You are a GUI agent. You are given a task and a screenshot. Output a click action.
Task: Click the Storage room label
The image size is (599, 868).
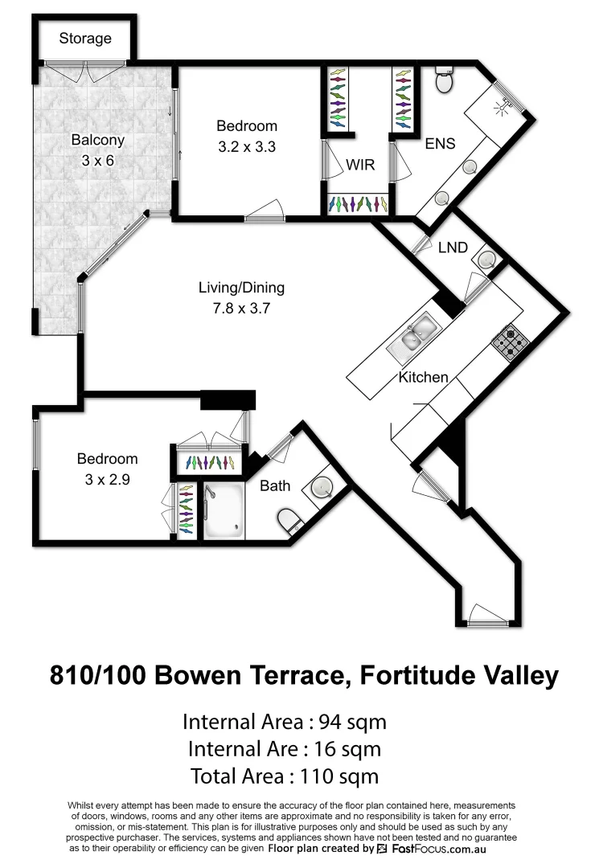[85, 39]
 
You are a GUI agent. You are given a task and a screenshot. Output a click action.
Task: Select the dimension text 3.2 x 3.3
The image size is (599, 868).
[246, 147]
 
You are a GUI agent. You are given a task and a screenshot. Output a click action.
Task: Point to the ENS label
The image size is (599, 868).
[440, 144]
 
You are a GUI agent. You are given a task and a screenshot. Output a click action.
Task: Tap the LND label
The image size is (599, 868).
[453, 248]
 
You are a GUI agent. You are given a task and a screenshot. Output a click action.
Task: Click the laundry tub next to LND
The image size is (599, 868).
[486, 259]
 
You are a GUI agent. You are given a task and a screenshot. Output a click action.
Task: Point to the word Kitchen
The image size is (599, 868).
[423, 377]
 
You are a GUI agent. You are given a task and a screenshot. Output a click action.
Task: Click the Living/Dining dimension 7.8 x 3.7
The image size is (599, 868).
[241, 307]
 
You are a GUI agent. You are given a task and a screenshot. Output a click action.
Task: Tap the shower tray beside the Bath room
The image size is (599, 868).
[224, 511]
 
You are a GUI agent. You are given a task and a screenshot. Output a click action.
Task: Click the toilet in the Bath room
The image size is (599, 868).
[289, 522]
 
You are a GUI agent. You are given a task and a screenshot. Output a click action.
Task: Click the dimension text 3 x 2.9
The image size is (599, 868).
[107, 480]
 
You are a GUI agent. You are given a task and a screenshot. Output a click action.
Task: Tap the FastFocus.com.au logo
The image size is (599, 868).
[432, 849]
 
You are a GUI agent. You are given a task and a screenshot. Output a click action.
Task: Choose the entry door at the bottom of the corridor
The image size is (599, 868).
[489, 620]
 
